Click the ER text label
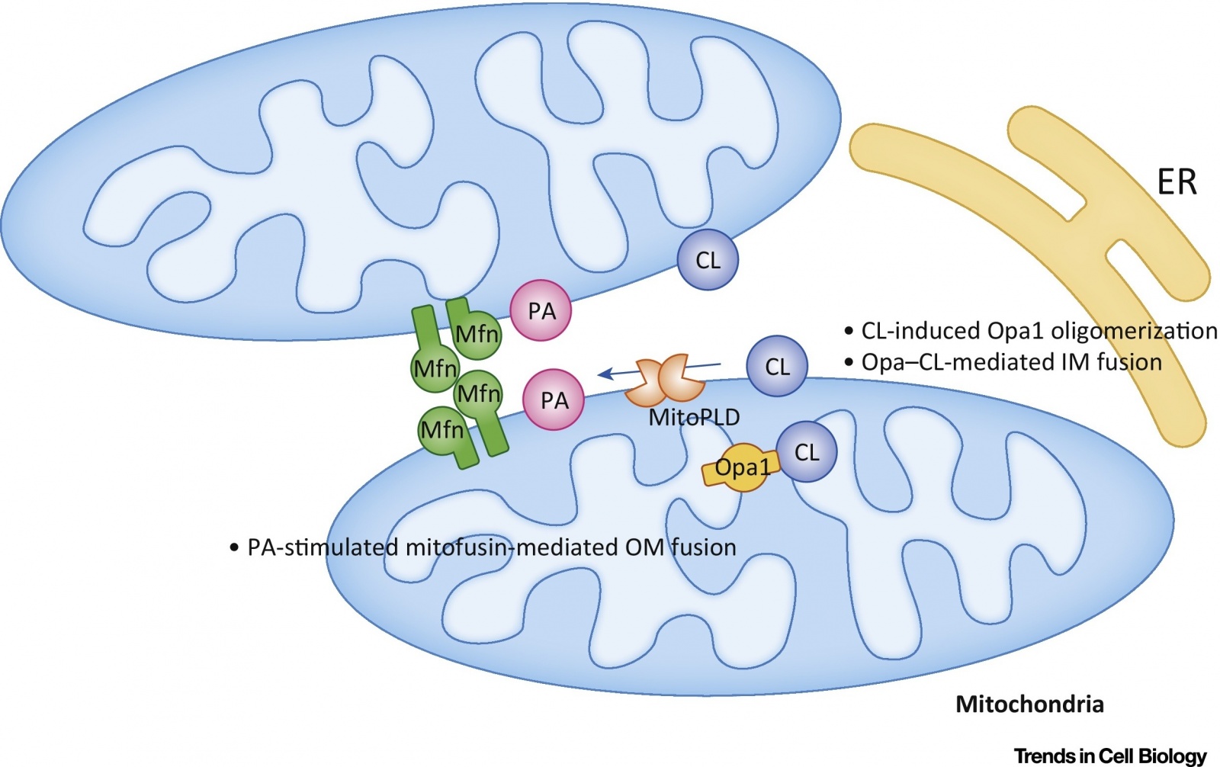click(x=1177, y=182)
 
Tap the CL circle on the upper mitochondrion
click(x=708, y=259)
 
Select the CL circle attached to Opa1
click(x=807, y=451)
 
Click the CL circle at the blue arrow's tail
click(x=777, y=366)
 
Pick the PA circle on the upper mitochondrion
click(x=541, y=310)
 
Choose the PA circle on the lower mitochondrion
click(x=554, y=400)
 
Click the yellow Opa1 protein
click(x=740, y=468)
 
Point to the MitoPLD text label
click(x=695, y=417)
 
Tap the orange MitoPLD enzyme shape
click(x=665, y=380)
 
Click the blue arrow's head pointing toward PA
click(x=599, y=374)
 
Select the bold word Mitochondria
click(x=1029, y=704)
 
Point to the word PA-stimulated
click(x=323, y=547)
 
